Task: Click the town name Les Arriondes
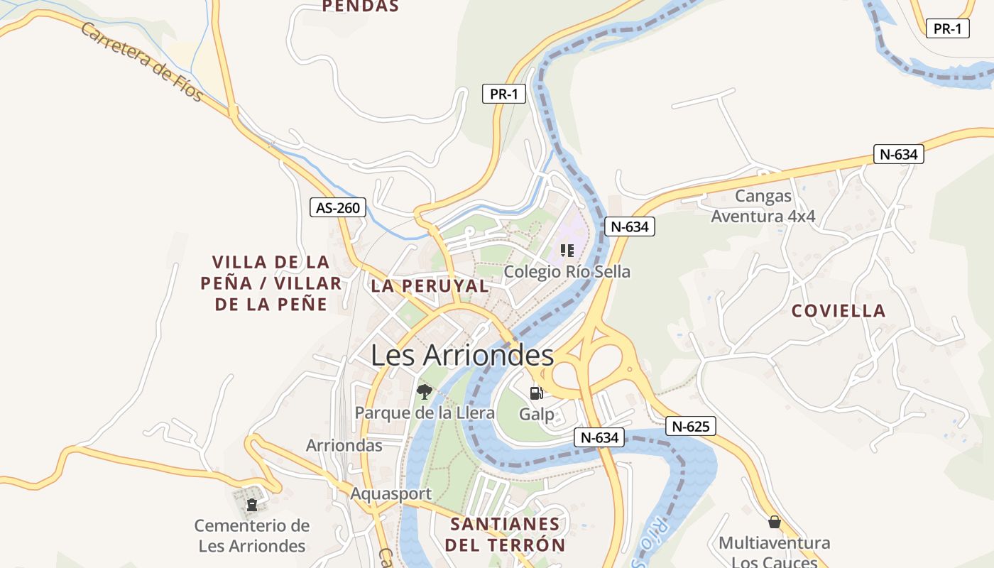coord(461,355)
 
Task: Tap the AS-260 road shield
coord(339,208)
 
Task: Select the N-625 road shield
coord(690,427)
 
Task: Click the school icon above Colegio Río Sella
coord(567,250)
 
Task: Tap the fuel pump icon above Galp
coord(537,393)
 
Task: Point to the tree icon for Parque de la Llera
coord(424,391)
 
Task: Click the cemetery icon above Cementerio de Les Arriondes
coord(251,505)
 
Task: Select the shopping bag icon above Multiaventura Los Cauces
coord(774,522)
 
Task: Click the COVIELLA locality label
coord(839,311)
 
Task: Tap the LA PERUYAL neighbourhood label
coord(430,286)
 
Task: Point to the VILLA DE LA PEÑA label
coord(271,283)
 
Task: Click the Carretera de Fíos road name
coord(142,61)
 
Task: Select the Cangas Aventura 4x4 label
coord(763,206)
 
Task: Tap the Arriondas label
coord(344,446)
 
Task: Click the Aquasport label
coord(390,493)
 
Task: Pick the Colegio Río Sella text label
coord(567,272)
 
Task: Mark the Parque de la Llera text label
coord(425,413)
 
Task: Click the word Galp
coord(537,414)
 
